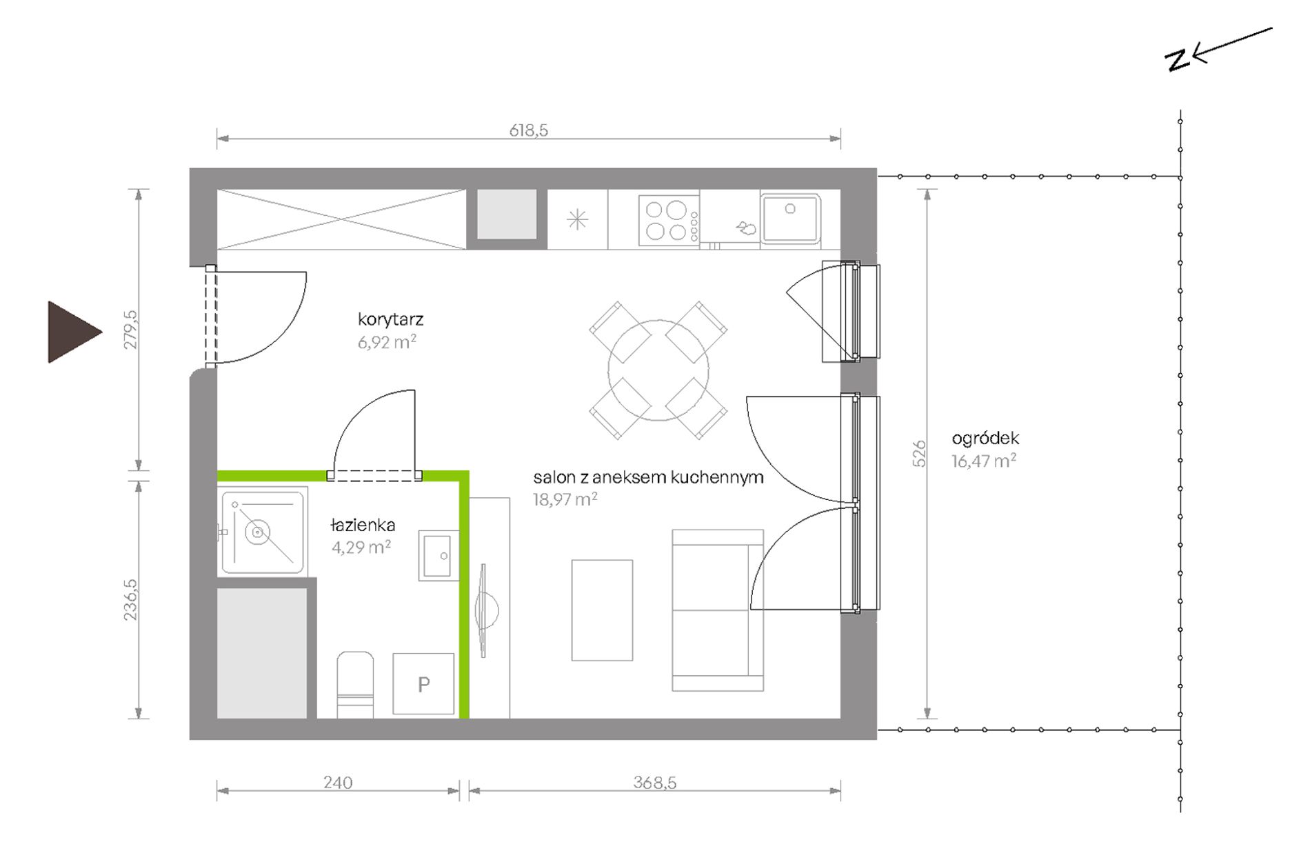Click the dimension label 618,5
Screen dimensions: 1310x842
528,130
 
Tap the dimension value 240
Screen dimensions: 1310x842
338,783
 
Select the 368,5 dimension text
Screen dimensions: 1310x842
654,783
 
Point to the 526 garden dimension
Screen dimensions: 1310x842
919,454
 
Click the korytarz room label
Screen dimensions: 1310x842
390,319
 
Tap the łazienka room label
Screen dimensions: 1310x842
363,525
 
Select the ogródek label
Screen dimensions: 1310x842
985,438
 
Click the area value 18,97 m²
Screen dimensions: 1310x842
565,499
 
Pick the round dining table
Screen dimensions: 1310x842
658,370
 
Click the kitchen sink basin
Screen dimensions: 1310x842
790,219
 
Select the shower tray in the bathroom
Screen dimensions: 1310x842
262,532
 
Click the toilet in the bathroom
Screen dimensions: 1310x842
355,685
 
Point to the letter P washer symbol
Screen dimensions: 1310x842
423,684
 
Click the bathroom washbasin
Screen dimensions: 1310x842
439,555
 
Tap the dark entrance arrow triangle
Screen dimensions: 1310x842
72,332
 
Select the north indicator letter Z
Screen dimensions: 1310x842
1178,61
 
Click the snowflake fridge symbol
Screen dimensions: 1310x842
577,220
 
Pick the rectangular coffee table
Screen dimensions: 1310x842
602,610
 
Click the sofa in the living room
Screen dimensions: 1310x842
718,610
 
